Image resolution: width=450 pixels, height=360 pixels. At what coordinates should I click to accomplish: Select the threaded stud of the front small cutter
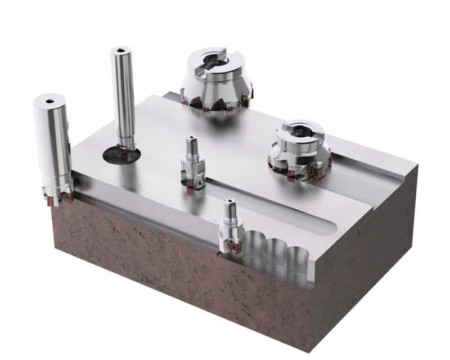click(x=229, y=209)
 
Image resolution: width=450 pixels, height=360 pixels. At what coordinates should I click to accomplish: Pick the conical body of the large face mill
click(x=217, y=93)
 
